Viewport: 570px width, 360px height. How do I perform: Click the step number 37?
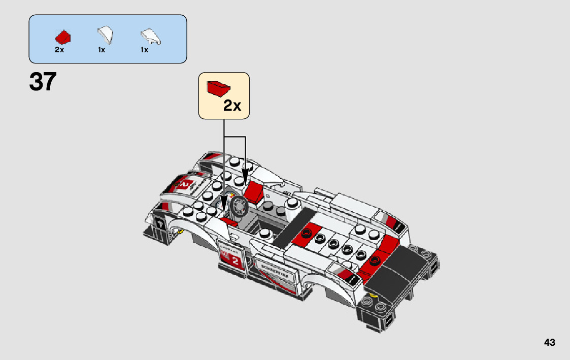point(43,82)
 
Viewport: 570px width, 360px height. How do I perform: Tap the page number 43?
point(549,343)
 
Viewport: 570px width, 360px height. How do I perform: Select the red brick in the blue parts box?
point(63,37)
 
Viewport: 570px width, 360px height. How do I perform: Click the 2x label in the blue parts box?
point(59,50)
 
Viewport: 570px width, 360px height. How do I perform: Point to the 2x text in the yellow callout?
point(232,106)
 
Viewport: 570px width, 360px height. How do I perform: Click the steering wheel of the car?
point(239,206)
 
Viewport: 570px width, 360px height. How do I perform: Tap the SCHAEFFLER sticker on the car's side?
point(276,269)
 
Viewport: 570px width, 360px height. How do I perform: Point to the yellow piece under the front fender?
point(179,232)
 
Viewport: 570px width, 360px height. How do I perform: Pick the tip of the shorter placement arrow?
point(245,185)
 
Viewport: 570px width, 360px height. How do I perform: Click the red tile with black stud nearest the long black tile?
point(306,233)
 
